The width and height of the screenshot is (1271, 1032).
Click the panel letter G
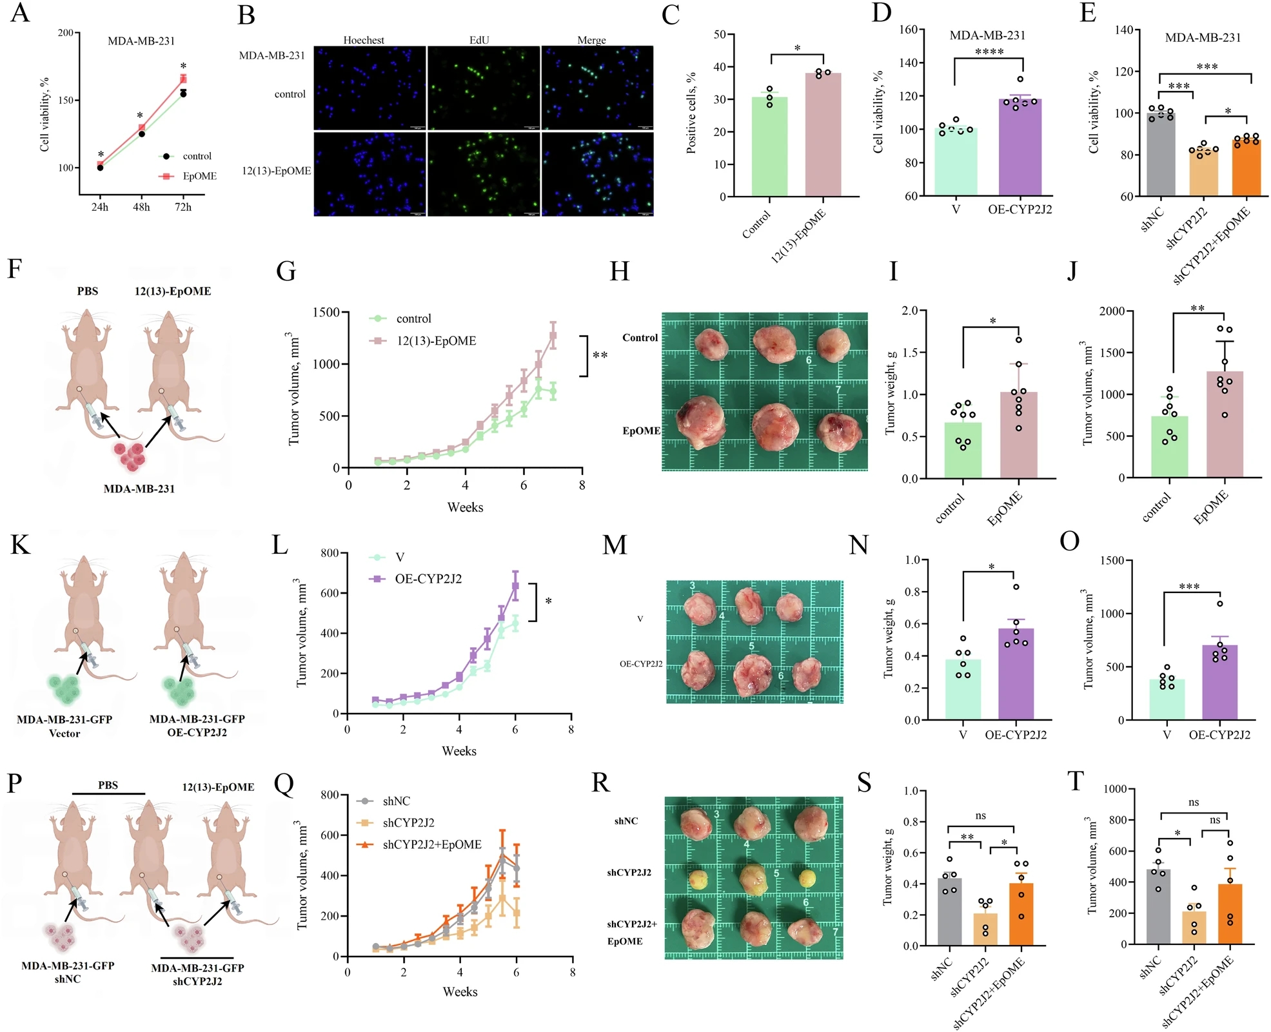coord(286,271)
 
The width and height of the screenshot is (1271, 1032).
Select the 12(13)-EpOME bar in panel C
coord(823,135)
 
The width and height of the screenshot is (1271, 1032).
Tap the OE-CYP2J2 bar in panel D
coord(1020,148)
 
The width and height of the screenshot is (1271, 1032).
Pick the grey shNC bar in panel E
coord(1161,155)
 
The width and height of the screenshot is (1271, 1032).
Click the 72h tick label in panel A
coord(183,207)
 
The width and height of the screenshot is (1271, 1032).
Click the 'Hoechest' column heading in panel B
coord(364,40)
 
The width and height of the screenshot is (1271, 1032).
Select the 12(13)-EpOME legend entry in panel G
coord(436,341)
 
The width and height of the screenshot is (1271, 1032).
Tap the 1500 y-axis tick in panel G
coord(326,313)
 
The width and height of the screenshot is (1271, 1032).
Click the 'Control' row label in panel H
coord(640,338)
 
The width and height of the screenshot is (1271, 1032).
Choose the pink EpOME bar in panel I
coord(1019,435)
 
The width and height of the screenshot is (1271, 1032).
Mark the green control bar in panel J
coord(1169,447)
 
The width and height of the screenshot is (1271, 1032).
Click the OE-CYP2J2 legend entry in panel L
coord(428,579)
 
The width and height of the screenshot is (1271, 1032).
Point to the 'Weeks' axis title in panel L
coord(458,751)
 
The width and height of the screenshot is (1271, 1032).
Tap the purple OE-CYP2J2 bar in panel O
coord(1219,682)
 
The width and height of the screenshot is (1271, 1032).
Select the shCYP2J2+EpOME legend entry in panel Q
coord(431,844)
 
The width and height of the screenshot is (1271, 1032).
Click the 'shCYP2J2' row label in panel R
coord(629,873)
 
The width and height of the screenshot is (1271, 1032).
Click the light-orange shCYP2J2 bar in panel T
coord(1194,928)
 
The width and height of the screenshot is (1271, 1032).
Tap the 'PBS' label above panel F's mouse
coord(88,291)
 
